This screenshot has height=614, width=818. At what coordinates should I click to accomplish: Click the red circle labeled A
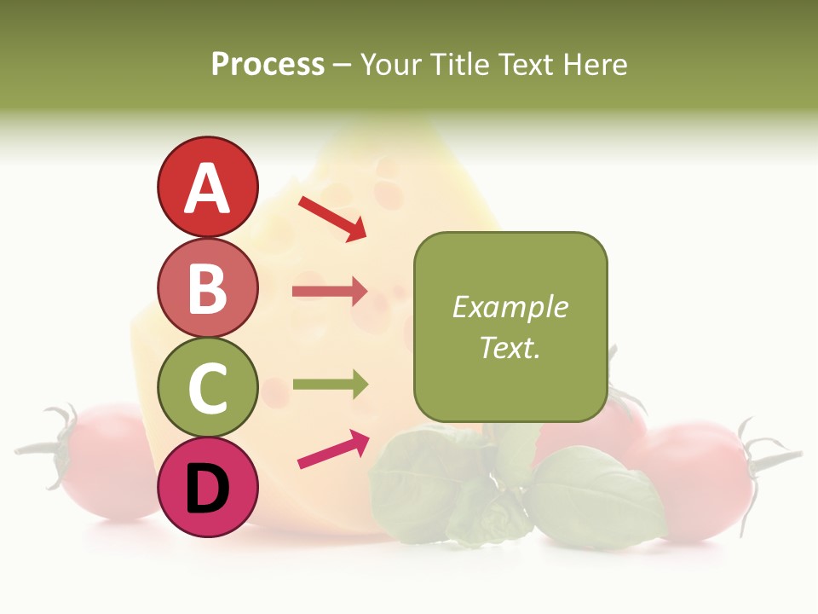207,187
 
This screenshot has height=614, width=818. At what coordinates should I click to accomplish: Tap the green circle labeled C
207,387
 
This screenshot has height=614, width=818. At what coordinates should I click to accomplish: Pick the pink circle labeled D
207,487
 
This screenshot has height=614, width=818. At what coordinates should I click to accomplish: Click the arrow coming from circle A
332,218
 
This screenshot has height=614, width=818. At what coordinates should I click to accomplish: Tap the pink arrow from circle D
333,449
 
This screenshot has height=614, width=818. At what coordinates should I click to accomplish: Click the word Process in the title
268,64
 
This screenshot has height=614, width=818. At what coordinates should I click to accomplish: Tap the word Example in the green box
510,307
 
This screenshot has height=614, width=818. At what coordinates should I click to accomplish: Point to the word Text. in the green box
510,347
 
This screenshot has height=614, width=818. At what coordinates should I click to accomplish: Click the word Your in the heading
393,64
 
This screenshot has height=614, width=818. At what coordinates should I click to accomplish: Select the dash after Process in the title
343,65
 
